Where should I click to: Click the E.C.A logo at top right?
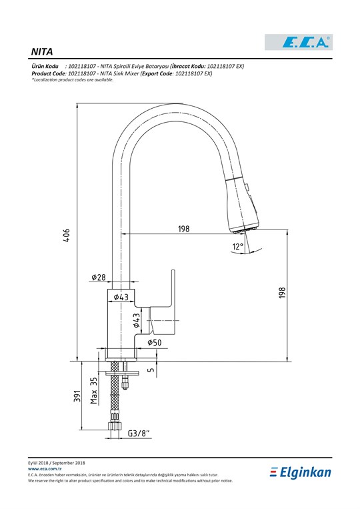pyautogui.click(x=299, y=42)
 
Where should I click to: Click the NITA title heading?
pyautogui.click(x=42, y=51)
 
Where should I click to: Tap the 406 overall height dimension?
pyautogui.click(x=66, y=235)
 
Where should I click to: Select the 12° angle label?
pyautogui.click(x=238, y=247)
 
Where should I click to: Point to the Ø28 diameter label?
pyautogui.click(x=99, y=277)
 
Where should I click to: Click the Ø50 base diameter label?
pyautogui.click(x=155, y=342)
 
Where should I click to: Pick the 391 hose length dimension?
pyautogui.click(x=77, y=396)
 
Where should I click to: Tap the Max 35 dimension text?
pyautogui.click(x=94, y=390)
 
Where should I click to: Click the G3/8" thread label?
pyautogui.click(x=139, y=433)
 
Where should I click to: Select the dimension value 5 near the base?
pyautogui.click(x=151, y=370)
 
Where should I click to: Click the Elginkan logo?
pyautogui.click(x=300, y=472)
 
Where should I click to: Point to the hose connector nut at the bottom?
pyautogui.click(x=115, y=425)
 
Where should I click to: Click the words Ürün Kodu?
pyautogui.click(x=45, y=66)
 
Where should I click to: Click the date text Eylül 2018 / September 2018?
pyautogui.click(x=57, y=462)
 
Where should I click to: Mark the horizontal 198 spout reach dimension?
pyautogui.click(x=183, y=229)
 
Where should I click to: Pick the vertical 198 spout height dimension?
pyautogui.click(x=281, y=292)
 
